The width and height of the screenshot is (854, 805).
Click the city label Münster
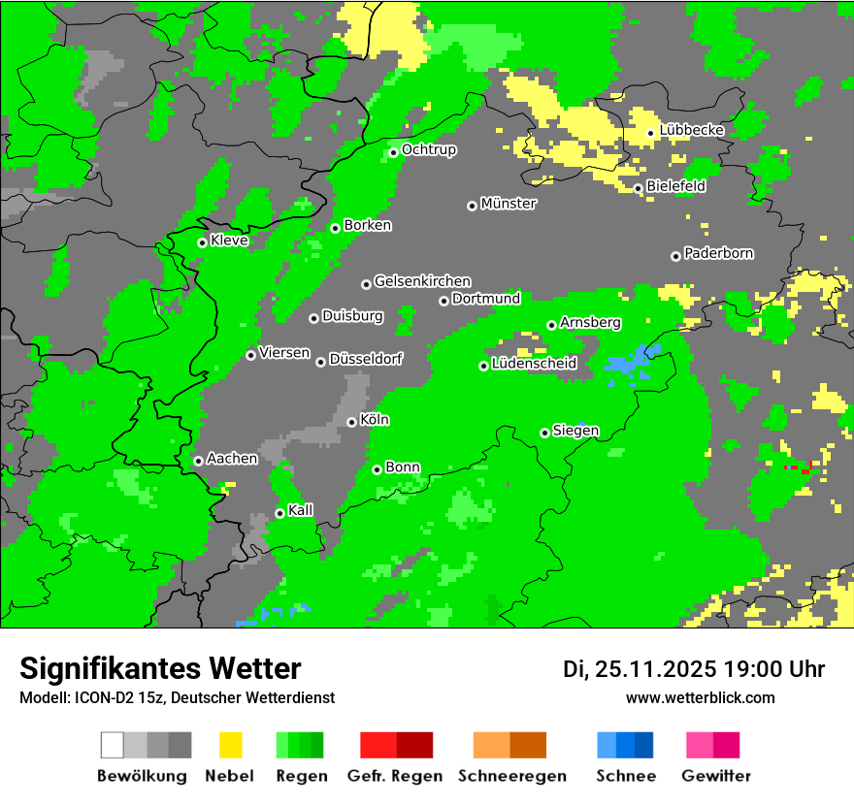[x=509, y=204]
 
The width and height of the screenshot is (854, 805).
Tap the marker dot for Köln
[x=351, y=422]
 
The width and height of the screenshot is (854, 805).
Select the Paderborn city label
[x=719, y=254]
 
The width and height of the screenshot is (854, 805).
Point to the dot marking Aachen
[x=198, y=461]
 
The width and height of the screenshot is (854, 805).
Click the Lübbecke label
[x=692, y=131]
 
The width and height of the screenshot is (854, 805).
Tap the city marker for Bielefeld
[x=638, y=188]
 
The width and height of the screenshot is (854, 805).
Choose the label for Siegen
[x=575, y=431]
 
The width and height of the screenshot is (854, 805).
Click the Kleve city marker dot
[x=202, y=242]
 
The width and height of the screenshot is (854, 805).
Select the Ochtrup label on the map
[x=429, y=150]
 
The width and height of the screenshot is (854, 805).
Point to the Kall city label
[x=301, y=510]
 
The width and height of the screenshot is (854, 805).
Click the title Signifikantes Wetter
[x=160, y=668]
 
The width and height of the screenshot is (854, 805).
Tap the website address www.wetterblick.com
[x=700, y=697]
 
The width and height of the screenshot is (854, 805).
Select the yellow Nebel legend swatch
[x=230, y=745]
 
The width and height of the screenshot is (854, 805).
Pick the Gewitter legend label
[x=715, y=776]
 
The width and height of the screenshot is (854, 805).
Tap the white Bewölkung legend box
[x=113, y=745]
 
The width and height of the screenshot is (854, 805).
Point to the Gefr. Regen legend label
[x=395, y=776]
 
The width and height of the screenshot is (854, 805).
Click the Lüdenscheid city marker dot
[x=483, y=366]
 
